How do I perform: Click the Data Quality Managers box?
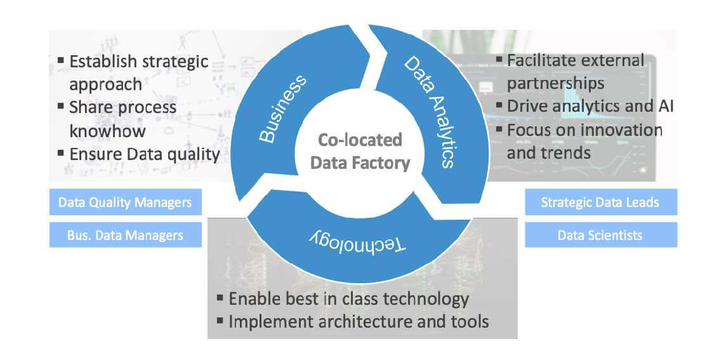(125, 203)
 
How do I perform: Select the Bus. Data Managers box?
(125, 236)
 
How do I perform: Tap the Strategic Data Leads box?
(600, 203)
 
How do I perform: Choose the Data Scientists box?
(600, 236)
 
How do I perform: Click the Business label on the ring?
(282, 109)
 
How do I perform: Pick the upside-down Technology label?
(359, 239)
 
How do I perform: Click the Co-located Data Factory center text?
(360, 151)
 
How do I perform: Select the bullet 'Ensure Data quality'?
(144, 154)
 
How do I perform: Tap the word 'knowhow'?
(107, 131)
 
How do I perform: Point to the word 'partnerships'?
(555, 83)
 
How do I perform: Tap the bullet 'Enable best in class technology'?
(348, 298)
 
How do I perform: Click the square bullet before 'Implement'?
(220, 321)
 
